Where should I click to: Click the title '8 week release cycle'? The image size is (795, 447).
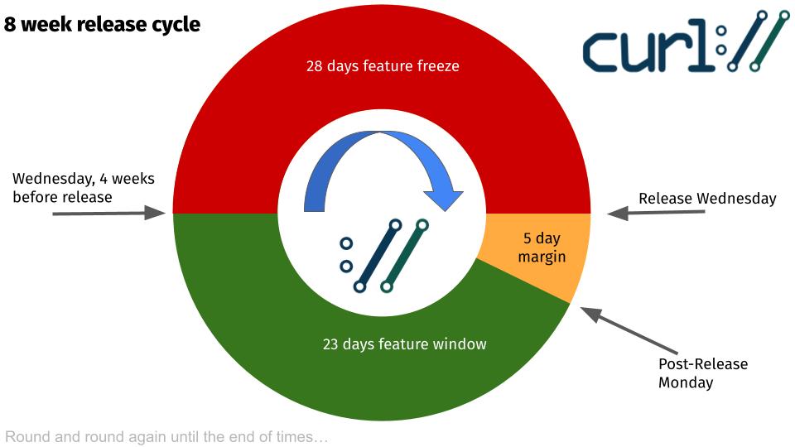(x=102, y=24)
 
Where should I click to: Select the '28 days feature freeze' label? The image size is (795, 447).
(x=383, y=66)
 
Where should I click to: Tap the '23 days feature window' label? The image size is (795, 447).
(x=405, y=344)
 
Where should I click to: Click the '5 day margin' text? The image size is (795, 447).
(x=542, y=248)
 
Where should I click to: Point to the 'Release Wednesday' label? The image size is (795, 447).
(x=707, y=198)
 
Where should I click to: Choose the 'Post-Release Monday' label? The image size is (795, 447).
(x=703, y=372)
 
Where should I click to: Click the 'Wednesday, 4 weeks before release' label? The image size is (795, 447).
(x=83, y=188)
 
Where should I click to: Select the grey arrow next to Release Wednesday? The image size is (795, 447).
(x=656, y=213)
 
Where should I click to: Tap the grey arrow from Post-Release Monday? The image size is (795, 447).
(x=629, y=330)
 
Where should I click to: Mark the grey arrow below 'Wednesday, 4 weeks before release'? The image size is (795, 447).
(x=109, y=213)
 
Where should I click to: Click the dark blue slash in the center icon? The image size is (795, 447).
(x=378, y=256)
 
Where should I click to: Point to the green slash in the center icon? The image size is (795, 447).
(x=405, y=256)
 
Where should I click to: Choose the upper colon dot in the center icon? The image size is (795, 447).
(x=346, y=243)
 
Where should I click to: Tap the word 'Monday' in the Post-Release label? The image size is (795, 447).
(x=686, y=382)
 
